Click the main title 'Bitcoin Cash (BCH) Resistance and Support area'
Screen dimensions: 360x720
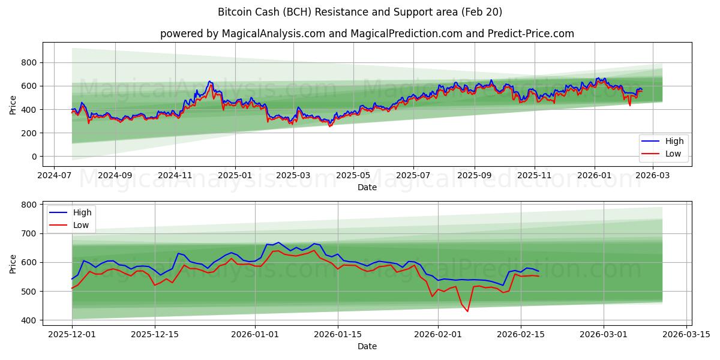360,12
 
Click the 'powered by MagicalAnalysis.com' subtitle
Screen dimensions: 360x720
367,34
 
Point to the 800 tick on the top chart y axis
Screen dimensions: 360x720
29,62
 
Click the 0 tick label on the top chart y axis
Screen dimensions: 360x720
34,157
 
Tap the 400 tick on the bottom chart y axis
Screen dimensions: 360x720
29,320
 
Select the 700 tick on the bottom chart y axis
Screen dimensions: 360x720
29,233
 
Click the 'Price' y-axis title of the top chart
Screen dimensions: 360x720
13,105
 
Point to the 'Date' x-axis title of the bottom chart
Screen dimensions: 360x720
367,346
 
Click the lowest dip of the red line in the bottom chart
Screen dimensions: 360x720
467,311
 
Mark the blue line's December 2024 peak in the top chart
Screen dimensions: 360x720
209,81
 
